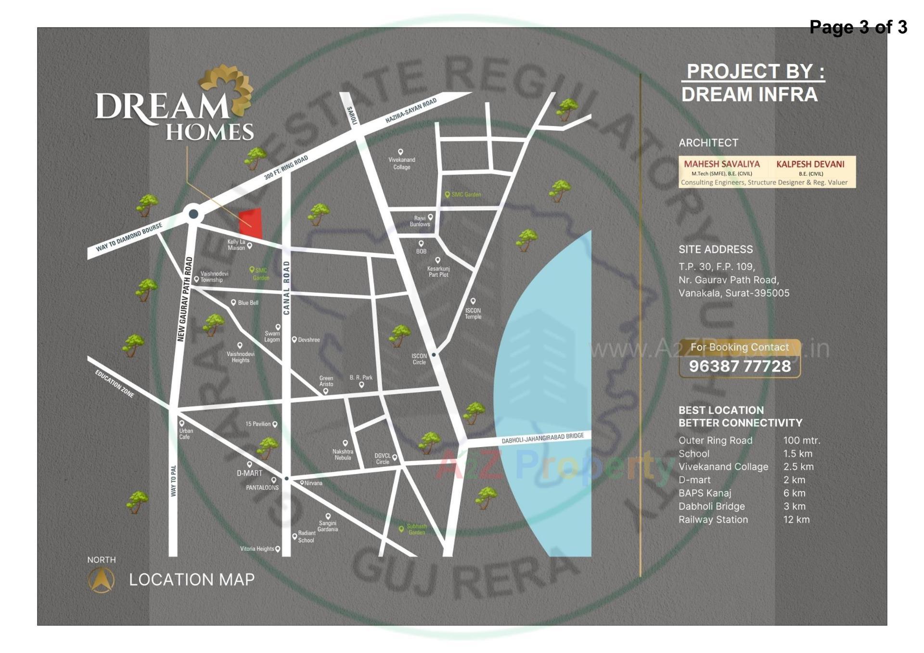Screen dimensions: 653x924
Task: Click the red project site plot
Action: coord(251,224)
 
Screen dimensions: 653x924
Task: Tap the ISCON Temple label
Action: coord(473,313)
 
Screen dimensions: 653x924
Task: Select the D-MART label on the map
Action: coord(249,473)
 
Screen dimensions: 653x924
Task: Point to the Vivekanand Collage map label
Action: coord(401,163)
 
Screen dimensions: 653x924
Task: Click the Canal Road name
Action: coord(286,288)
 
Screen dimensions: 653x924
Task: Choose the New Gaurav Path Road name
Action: coord(185,299)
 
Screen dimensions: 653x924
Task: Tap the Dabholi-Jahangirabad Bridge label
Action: coord(542,438)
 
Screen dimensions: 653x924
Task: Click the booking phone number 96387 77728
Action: coord(740,366)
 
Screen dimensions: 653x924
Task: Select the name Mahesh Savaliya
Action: coord(721,164)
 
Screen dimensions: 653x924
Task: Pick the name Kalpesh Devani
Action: coord(810,164)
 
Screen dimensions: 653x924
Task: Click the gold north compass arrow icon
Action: coord(101,580)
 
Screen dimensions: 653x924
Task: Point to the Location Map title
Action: coord(192,579)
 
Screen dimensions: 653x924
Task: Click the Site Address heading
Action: coord(715,249)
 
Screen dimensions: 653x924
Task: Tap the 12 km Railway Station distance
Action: coord(796,520)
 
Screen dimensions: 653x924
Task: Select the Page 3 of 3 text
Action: coord(858,27)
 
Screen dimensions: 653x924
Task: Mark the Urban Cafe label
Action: coord(186,434)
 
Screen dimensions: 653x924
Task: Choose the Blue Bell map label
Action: coord(248,303)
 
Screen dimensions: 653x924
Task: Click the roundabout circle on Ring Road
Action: coord(193,214)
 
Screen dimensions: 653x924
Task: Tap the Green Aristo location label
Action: coord(326,381)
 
